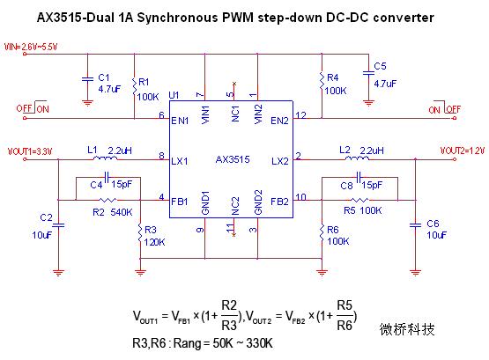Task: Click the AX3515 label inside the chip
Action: (233, 159)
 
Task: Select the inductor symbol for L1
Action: (106, 158)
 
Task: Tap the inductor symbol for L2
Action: (357, 158)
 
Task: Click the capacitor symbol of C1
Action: (87, 79)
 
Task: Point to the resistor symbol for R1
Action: (135, 87)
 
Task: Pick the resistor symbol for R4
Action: (322, 82)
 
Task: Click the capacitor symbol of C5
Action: (368, 73)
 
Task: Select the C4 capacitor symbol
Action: (107, 178)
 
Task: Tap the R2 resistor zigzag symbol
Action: (107, 200)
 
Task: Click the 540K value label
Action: (122, 212)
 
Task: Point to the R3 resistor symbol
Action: (140, 232)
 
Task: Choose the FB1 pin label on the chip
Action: (180, 202)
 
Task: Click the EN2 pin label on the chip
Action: (279, 121)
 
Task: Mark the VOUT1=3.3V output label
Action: (30, 151)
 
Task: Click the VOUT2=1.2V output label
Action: (463, 151)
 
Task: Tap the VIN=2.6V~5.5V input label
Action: (31, 47)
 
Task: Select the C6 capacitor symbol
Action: (415, 225)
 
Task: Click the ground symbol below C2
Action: (58, 273)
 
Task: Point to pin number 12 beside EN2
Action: (301, 115)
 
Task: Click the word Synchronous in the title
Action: (177, 18)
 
